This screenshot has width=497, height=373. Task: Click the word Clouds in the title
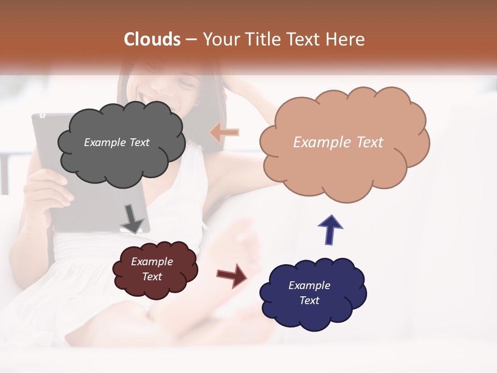point(152,39)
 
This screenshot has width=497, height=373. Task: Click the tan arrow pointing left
point(224,133)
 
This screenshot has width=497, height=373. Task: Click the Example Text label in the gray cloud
point(116,142)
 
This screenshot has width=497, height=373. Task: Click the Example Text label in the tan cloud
point(338,142)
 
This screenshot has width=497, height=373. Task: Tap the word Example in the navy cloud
point(309,285)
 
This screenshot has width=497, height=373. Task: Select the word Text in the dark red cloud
point(152,277)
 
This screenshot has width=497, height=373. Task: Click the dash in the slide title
point(191,39)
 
